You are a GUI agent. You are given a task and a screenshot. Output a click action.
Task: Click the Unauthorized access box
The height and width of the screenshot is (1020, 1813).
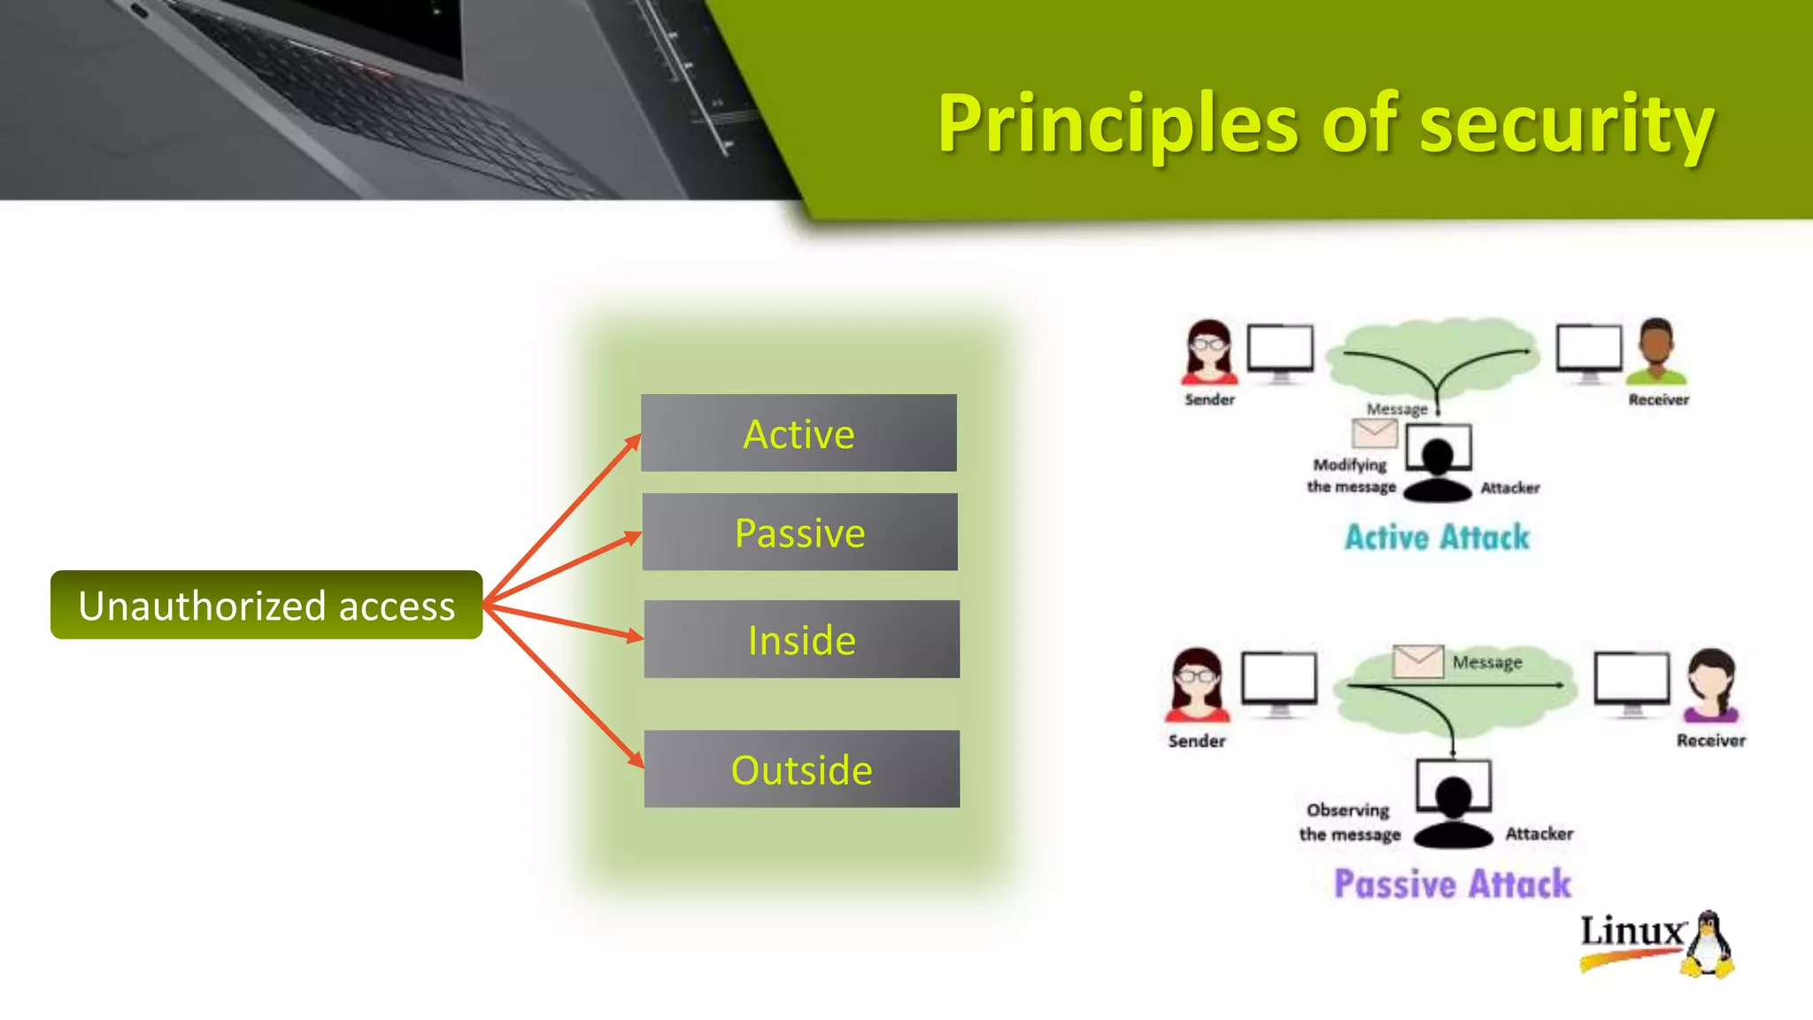(266, 606)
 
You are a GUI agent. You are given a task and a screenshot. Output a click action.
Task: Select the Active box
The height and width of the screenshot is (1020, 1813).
(798, 433)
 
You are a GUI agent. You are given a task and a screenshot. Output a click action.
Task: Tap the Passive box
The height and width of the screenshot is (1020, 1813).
(799, 532)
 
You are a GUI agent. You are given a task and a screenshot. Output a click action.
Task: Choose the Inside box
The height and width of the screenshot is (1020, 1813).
(801, 639)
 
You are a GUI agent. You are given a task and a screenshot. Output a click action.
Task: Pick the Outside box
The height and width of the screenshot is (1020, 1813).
(801, 769)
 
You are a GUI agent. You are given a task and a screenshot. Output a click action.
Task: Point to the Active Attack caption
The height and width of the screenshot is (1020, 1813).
(1437, 537)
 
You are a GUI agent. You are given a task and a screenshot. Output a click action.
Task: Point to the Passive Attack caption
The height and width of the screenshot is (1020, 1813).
(1452, 884)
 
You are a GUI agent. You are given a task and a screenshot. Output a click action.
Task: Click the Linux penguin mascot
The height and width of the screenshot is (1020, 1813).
(1709, 946)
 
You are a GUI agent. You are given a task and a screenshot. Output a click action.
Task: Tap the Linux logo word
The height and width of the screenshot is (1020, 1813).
(1632, 931)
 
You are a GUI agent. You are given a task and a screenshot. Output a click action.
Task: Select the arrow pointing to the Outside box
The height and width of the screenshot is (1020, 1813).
(567, 689)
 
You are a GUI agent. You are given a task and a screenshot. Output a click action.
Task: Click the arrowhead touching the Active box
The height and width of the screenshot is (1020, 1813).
(633, 440)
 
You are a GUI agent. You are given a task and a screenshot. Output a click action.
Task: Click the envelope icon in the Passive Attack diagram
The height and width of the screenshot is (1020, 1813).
(1418, 661)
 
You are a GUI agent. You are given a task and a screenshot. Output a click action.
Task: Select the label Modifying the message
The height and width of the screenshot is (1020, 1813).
(1351, 475)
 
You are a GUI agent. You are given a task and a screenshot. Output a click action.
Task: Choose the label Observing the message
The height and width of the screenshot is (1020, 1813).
(1349, 822)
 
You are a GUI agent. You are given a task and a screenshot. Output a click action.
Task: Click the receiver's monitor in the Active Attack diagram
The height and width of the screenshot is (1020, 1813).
(1589, 351)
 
